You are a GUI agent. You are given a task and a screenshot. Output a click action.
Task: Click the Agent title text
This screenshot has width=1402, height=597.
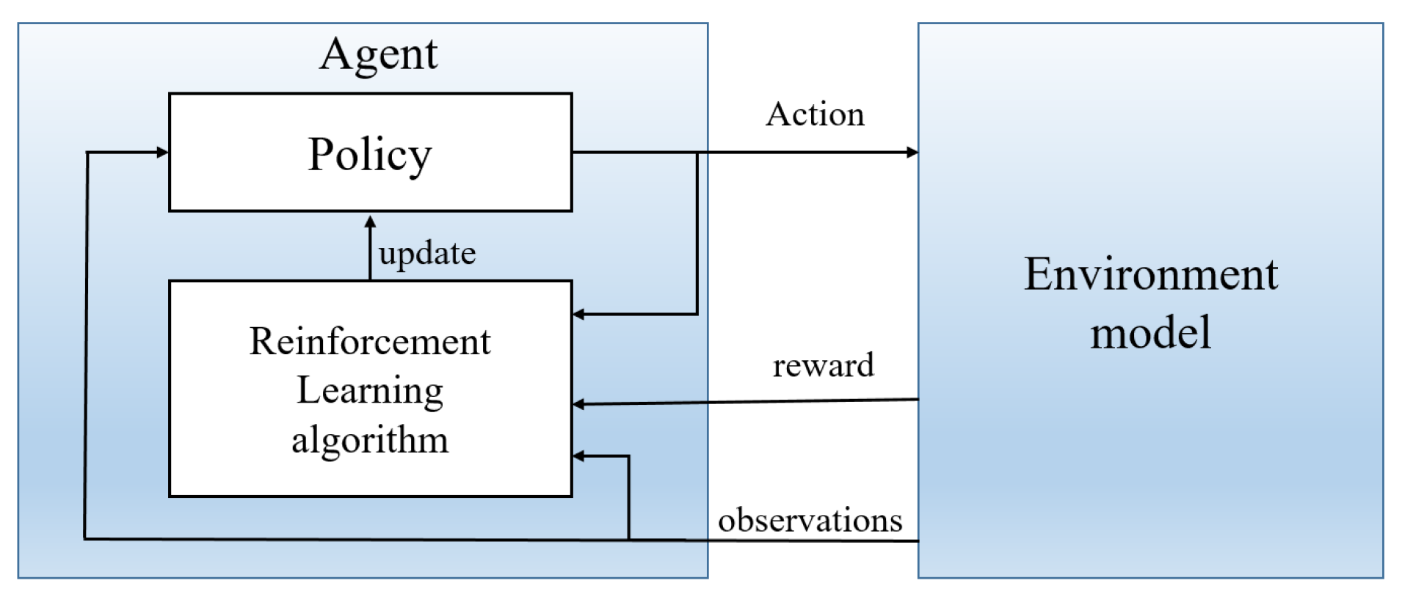tap(378, 55)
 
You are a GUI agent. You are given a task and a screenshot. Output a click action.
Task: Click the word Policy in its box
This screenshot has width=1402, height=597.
tap(369, 155)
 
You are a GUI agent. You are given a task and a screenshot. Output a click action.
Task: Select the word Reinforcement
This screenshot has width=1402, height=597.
tap(370, 342)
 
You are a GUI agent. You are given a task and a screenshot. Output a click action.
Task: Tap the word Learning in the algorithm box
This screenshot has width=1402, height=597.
tap(370, 390)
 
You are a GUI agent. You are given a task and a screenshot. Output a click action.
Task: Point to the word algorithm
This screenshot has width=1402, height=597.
tap(370, 440)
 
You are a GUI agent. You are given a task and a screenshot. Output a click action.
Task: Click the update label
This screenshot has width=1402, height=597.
tap(427, 254)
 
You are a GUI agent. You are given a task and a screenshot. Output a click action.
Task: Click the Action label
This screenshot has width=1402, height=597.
tap(815, 114)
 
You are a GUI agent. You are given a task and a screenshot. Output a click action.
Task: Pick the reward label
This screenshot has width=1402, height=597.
tap(823, 365)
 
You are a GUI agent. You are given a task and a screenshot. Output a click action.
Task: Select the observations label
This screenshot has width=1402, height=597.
tap(810, 520)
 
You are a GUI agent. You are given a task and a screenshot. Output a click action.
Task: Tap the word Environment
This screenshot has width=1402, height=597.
tap(1150, 275)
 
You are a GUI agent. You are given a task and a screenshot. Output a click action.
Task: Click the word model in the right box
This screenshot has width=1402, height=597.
tap(1150, 333)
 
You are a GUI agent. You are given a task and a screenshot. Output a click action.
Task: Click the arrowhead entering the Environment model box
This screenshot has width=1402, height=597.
tap(913, 153)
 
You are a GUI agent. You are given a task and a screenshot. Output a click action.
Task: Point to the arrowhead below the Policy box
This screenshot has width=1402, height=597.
tap(370, 221)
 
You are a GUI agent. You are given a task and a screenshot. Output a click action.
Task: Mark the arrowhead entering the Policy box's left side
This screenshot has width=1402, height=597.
tap(163, 153)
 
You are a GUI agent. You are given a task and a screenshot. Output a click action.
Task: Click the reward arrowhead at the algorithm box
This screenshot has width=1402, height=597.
tap(578, 404)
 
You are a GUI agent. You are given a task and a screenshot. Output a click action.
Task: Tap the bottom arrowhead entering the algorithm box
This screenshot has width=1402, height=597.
tap(578, 456)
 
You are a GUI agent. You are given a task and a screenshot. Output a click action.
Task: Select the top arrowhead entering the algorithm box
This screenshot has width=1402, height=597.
tap(578, 315)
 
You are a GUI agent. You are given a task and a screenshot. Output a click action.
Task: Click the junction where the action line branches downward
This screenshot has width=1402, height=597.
tap(697, 153)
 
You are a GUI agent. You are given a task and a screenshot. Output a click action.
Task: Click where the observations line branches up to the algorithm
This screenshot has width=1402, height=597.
tap(628, 540)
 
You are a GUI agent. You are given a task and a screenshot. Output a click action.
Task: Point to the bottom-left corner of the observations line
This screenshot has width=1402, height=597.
tap(85, 539)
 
